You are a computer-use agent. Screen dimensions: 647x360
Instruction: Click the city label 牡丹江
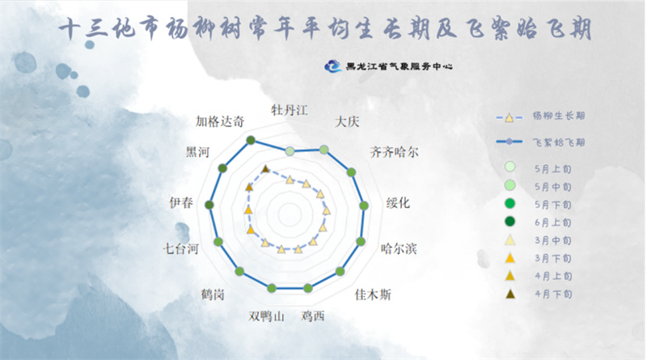click(x=290, y=110)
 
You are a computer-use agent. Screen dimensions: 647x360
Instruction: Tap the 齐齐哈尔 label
click(x=394, y=152)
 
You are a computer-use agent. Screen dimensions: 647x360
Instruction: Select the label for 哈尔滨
click(x=399, y=248)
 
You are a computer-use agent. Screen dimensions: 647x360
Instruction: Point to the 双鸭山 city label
click(x=267, y=316)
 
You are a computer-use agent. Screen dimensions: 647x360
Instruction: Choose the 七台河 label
click(x=180, y=248)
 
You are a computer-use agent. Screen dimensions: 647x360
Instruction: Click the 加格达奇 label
click(x=220, y=121)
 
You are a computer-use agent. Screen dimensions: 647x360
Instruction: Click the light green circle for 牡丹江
click(x=290, y=151)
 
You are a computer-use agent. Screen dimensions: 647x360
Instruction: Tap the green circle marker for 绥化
click(x=364, y=205)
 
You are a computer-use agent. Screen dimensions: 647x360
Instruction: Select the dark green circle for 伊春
click(x=209, y=205)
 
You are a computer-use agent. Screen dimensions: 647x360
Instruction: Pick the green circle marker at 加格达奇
click(x=251, y=140)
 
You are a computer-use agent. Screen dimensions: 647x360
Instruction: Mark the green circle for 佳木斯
click(x=340, y=271)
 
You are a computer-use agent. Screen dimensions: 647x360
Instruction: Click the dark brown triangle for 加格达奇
click(x=265, y=168)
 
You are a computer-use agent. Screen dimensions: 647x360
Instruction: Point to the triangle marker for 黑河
click(x=249, y=187)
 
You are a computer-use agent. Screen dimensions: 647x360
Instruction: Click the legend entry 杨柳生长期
click(x=540, y=116)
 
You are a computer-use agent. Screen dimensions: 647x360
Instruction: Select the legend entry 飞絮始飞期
click(x=540, y=142)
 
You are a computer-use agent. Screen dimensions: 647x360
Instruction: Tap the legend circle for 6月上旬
click(x=510, y=222)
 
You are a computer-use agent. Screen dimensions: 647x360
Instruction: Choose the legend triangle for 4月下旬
click(x=510, y=294)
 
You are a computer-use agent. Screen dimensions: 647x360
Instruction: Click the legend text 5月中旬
click(x=553, y=187)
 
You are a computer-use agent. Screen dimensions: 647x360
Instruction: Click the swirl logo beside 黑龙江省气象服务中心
click(x=333, y=66)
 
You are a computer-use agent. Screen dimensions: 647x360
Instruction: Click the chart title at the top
click(x=325, y=28)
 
